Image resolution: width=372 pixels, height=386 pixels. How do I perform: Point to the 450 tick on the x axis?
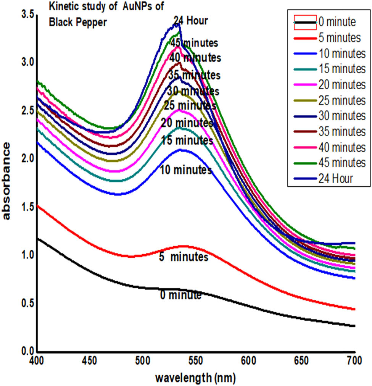point(89,360)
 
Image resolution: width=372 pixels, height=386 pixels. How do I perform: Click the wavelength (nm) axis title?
point(195,378)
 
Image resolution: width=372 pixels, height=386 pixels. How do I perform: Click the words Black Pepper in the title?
point(77,22)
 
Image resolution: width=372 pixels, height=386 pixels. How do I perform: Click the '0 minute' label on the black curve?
point(180,295)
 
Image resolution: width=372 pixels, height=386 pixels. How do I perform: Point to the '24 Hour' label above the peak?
point(191,21)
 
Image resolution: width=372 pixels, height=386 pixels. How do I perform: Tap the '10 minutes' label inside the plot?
point(186,170)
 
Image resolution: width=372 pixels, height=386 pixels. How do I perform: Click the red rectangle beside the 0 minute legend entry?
point(305,22)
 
